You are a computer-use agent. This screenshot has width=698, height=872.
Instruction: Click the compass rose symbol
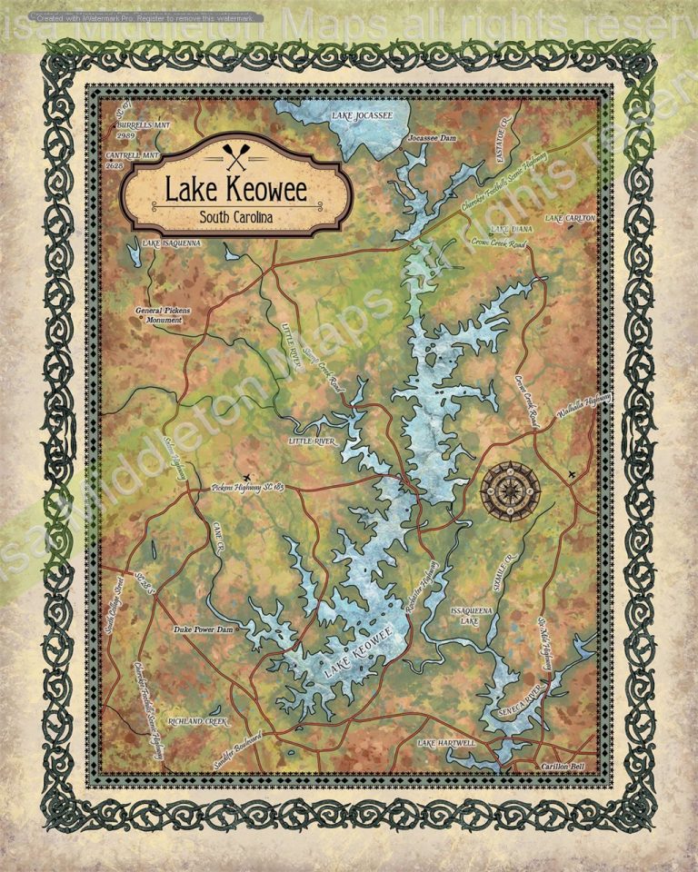[x=510, y=491]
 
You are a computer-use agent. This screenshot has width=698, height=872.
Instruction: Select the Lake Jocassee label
[x=362, y=116]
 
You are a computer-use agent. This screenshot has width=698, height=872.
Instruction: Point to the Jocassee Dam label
[x=433, y=137]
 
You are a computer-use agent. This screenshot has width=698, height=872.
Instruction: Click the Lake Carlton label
[x=570, y=219]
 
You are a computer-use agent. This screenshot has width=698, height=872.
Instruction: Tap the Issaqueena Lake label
[x=471, y=616]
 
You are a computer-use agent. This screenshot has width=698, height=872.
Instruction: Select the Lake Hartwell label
[x=446, y=743]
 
